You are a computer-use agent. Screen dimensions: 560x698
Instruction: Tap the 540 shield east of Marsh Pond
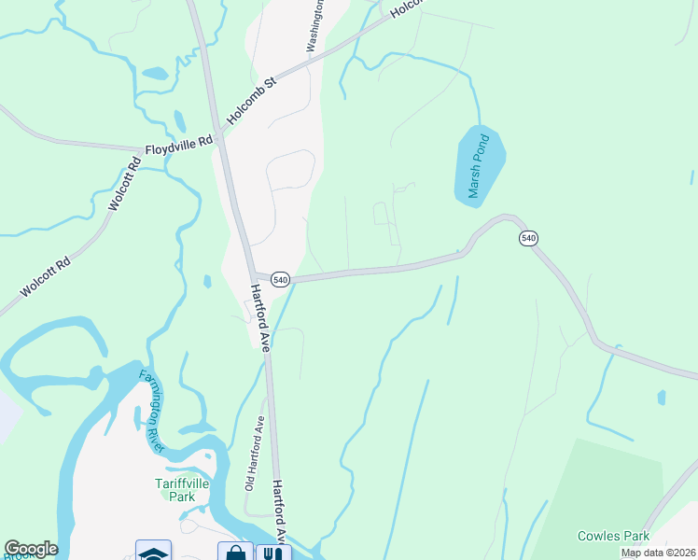(x=529, y=239)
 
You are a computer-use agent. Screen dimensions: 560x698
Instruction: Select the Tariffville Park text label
(x=174, y=490)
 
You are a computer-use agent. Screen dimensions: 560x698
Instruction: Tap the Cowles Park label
(x=612, y=537)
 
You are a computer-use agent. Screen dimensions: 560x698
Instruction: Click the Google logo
(x=31, y=549)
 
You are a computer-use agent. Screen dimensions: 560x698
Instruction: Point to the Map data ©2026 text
(x=658, y=553)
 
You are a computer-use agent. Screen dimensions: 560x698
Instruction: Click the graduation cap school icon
(x=153, y=553)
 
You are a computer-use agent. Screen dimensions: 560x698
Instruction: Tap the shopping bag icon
(x=235, y=553)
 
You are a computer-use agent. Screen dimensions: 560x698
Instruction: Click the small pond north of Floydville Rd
(x=157, y=72)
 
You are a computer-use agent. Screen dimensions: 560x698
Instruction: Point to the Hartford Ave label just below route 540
(x=259, y=317)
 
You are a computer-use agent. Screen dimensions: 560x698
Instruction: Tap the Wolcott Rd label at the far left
(x=45, y=279)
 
